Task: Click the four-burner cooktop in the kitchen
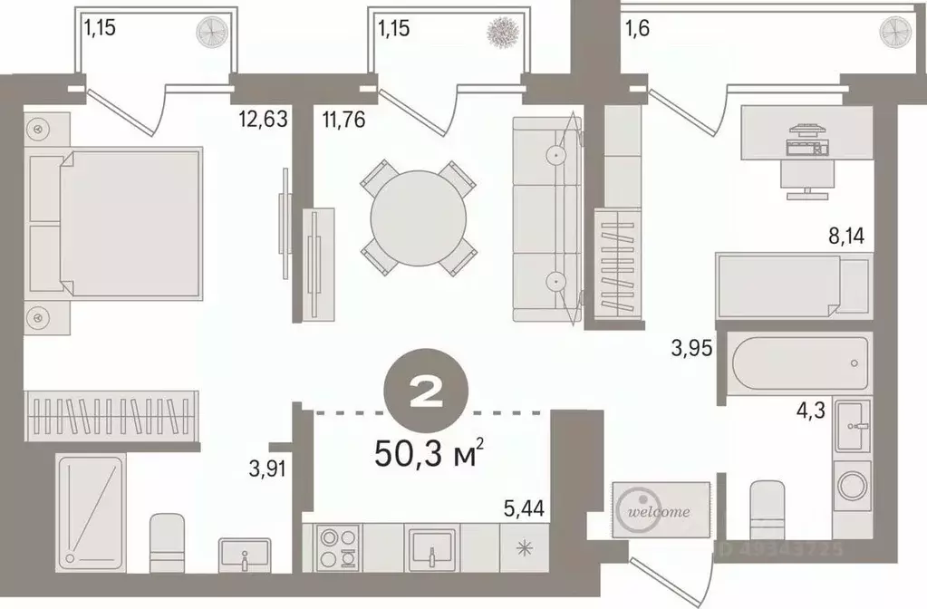pos(338,546)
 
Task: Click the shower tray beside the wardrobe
pos(90,512)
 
